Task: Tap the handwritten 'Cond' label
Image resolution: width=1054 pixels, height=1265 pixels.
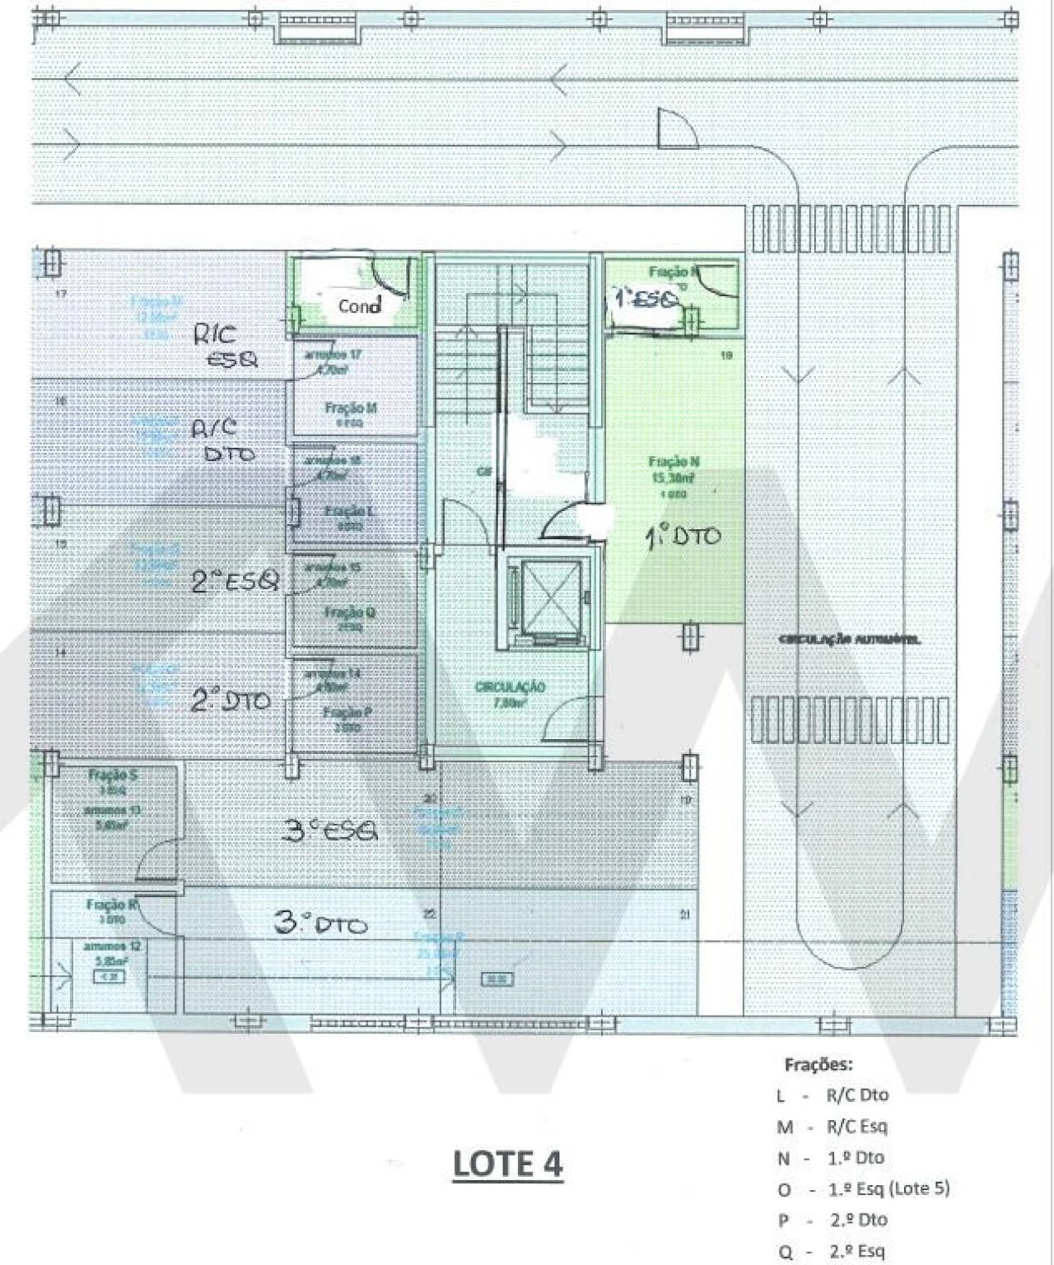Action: point(360,305)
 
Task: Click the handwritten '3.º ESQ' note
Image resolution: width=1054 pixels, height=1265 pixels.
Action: point(329,831)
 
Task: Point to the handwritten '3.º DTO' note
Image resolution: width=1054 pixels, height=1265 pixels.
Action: point(320,924)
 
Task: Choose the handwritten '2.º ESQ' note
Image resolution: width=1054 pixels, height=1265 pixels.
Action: point(236,582)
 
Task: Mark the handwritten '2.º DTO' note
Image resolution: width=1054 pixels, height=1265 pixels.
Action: point(231,700)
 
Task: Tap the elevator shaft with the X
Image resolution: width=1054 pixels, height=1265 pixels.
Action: point(543,598)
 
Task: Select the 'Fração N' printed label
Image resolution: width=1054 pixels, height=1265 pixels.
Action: point(674,462)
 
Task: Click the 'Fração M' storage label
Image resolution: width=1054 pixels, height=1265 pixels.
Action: point(351,408)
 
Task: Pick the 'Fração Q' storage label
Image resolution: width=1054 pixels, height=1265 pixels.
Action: point(350,612)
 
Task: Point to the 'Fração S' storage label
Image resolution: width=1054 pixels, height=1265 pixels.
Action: point(113,774)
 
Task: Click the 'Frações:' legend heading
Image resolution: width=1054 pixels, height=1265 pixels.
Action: point(818,1064)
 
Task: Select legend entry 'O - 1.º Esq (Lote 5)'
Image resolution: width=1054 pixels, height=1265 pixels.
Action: point(863,1188)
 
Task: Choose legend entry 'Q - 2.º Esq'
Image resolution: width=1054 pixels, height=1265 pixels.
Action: point(832,1252)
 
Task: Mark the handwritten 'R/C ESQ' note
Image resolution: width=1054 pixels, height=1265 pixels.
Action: point(226,346)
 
